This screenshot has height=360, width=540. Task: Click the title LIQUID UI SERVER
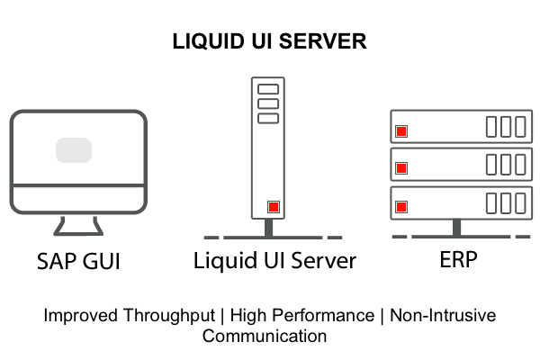270,42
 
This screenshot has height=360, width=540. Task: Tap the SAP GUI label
79,263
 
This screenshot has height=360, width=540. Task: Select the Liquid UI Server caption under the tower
274,262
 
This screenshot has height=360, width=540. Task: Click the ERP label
458,260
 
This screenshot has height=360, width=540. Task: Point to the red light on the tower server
273,207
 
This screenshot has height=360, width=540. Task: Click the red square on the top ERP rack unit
401,130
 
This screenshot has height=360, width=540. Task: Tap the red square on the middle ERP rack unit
401,167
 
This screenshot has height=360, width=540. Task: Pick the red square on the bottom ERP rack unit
401,205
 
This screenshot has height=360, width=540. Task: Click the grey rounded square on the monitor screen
74,149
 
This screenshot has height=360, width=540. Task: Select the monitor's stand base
79,232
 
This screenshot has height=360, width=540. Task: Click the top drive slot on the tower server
267,90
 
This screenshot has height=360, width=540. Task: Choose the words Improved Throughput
133,316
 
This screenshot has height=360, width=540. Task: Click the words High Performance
301,316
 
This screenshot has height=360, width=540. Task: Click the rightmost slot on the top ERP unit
521,126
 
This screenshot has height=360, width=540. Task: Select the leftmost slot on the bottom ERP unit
492,202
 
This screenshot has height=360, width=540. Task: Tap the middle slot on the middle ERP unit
507,164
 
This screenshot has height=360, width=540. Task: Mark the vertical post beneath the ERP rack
458,227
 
